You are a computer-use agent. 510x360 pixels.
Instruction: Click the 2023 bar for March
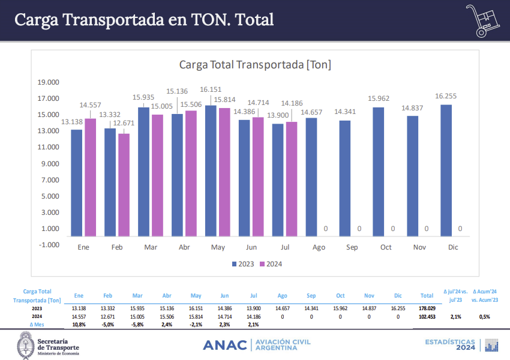tap(144, 171)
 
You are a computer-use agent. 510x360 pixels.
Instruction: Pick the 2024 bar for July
tap(292, 179)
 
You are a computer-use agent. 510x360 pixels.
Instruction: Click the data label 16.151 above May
tap(211, 89)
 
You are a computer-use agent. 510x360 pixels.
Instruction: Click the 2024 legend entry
tap(271, 264)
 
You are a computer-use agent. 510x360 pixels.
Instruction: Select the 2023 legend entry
tap(243, 264)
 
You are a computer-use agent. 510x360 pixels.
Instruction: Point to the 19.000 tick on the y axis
tap(49, 82)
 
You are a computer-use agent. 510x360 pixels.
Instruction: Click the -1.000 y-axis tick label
tap(49, 245)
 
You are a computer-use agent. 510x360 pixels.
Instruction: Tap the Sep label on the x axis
tap(352, 247)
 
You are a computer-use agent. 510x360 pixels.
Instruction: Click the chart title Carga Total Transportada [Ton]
tap(255, 64)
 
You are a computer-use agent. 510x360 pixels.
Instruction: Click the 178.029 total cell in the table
tap(427, 308)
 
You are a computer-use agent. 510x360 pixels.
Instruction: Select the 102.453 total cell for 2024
tap(427, 316)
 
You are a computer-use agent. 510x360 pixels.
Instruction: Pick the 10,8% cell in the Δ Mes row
tap(79, 324)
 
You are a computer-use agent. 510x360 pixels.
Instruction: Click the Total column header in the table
tap(427, 296)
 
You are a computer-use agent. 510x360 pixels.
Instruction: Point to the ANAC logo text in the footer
tap(225, 345)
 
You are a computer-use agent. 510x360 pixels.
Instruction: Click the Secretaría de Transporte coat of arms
tap(25, 345)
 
